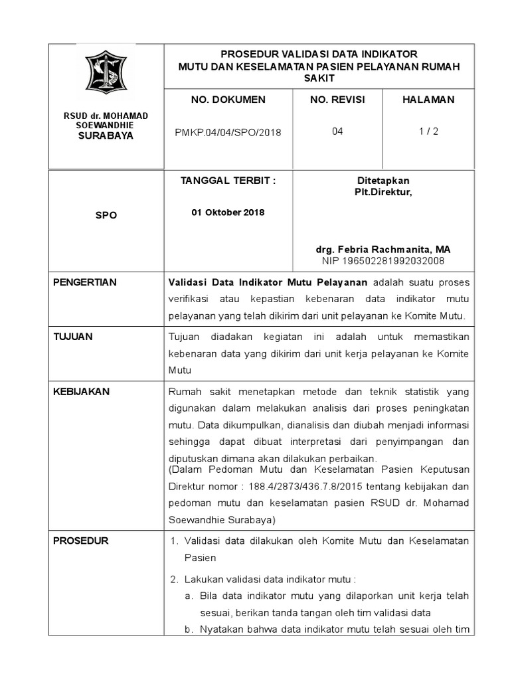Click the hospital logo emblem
(x=106, y=72)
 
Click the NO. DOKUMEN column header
(x=228, y=100)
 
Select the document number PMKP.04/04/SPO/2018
(x=228, y=132)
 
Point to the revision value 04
(x=337, y=131)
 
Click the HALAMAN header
(x=428, y=100)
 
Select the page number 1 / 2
(x=428, y=131)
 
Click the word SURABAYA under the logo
(x=106, y=135)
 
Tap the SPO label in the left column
(x=106, y=216)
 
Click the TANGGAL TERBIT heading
(x=228, y=181)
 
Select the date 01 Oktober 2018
(x=228, y=212)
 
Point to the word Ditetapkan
(x=383, y=181)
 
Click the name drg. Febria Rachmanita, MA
(x=383, y=249)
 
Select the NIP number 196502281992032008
(x=383, y=260)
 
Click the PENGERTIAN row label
(x=84, y=282)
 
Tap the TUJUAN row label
(x=73, y=337)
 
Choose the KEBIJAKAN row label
(x=81, y=392)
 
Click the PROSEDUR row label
(x=80, y=541)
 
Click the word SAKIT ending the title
(x=319, y=78)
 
